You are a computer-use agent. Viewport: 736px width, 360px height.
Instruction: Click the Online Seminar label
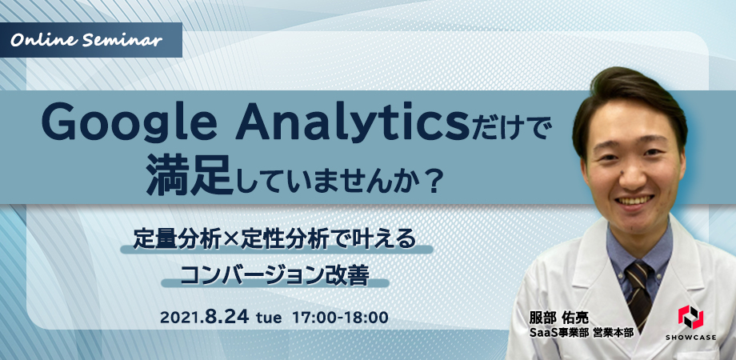click(86, 40)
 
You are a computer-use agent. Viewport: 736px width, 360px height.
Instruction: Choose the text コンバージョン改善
click(274, 275)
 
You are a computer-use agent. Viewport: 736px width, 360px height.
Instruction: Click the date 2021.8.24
click(204, 318)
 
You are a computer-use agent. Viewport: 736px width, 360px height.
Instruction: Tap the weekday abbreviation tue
click(269, 318)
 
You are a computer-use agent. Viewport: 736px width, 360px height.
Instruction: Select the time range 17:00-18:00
click(340, 318)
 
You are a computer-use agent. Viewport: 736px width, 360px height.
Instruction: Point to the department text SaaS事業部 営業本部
click(581, 332)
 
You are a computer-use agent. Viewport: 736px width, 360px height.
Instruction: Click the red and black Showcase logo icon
click(690, 317)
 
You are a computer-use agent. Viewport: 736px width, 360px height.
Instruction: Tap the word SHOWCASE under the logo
click(690, 337)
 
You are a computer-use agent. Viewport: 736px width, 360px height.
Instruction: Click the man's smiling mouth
click(634, 201)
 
